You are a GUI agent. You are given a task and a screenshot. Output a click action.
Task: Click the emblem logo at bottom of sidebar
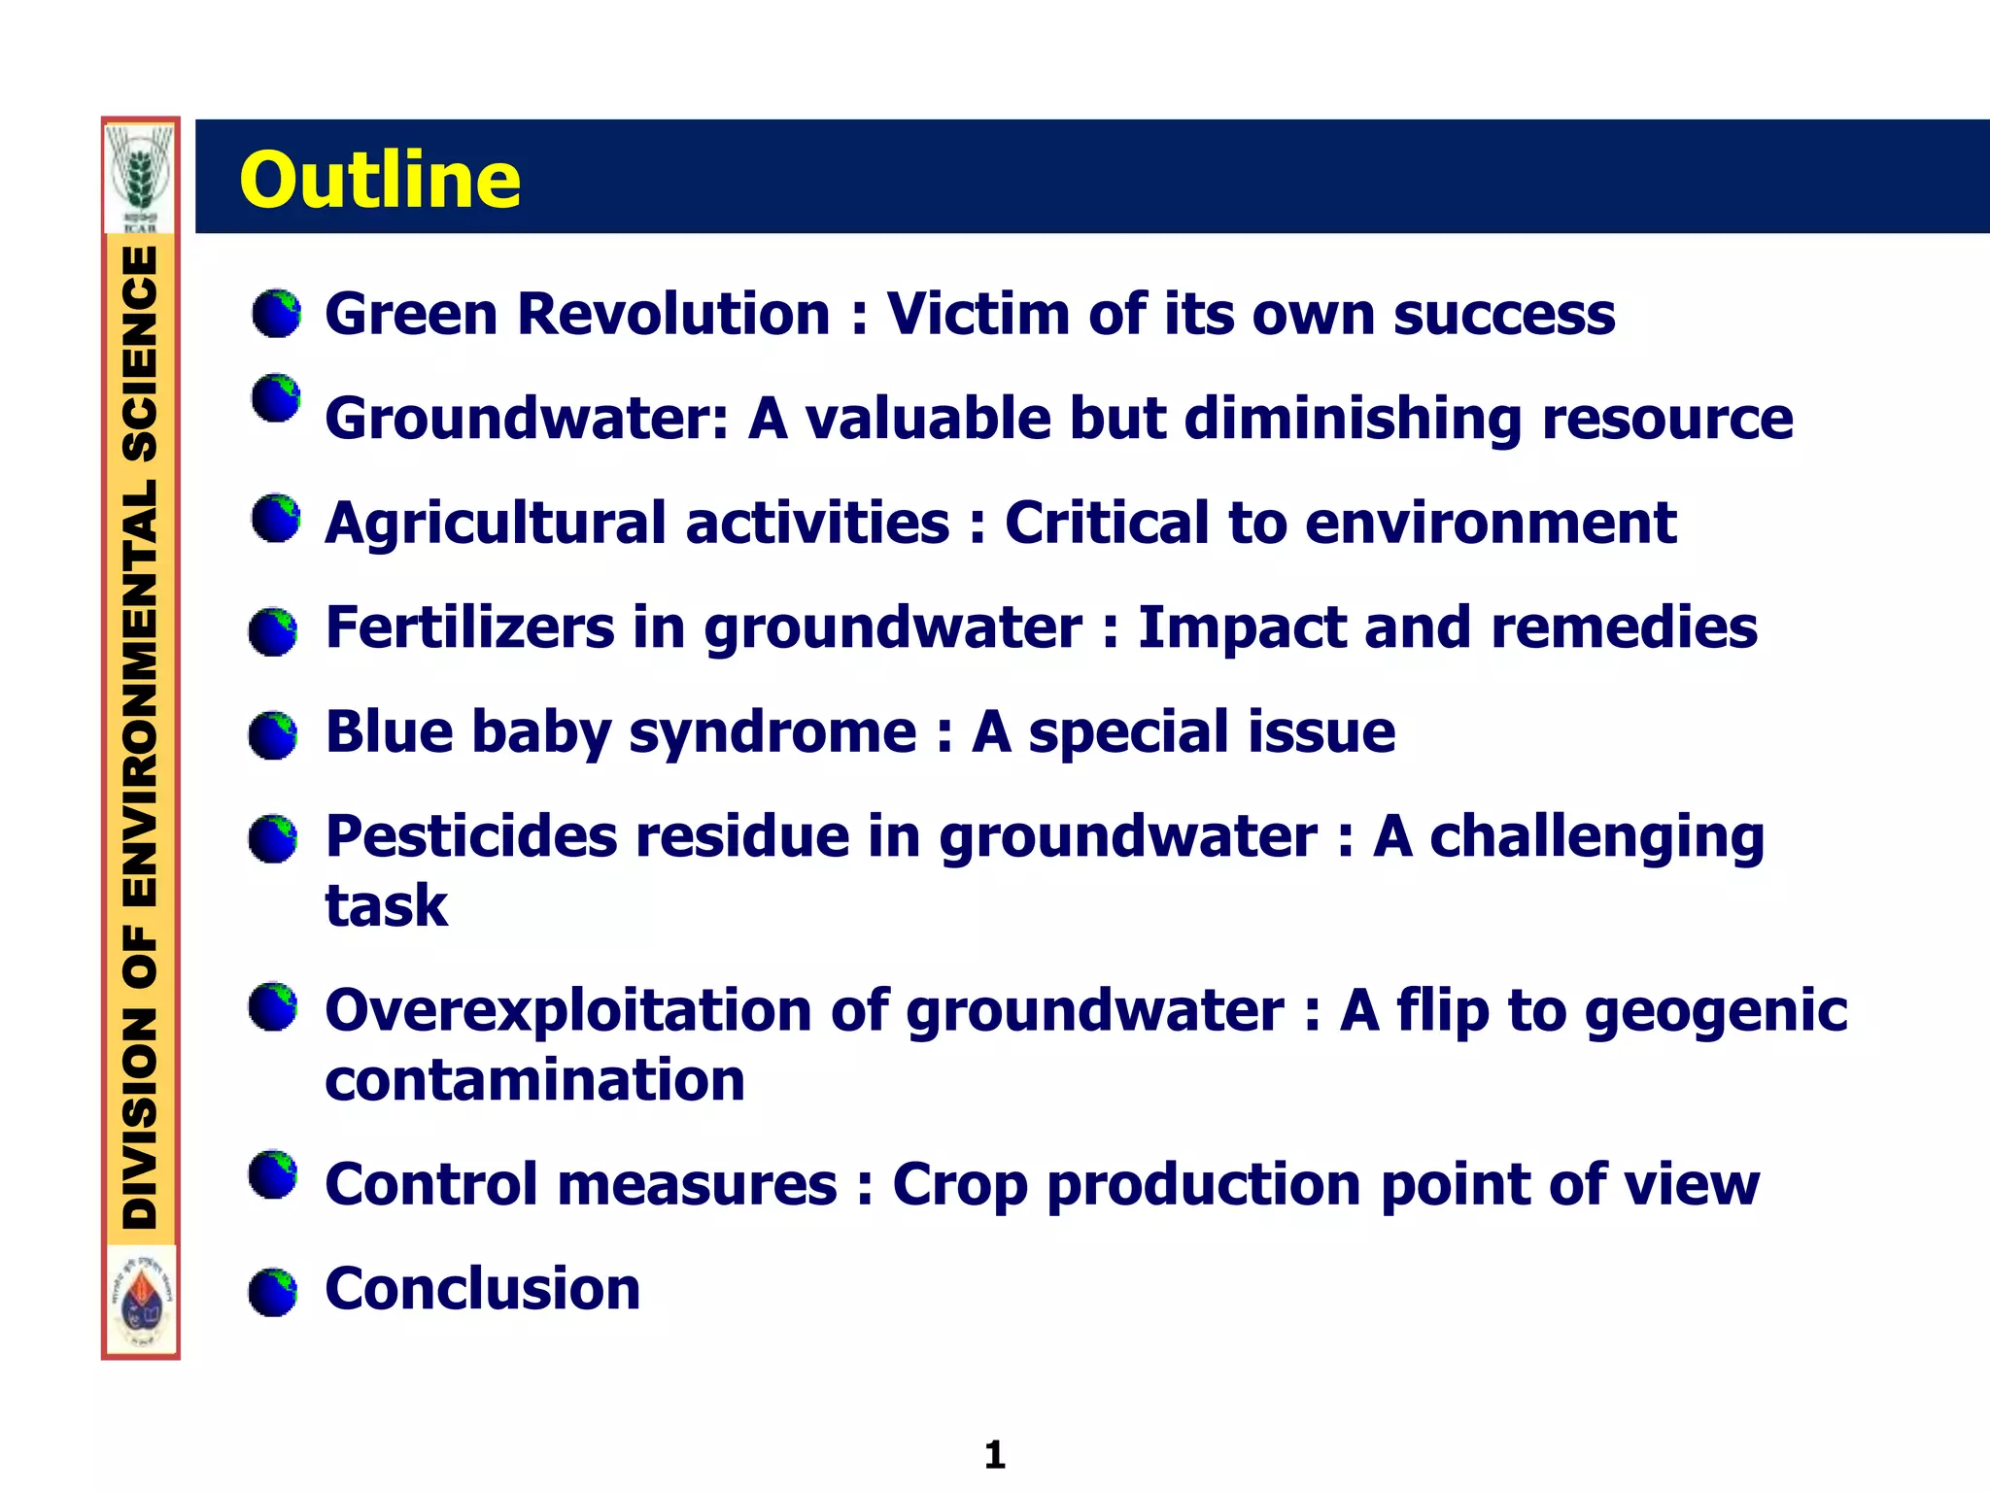[142, 1300]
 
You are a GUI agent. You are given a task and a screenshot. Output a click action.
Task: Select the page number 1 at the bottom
[994, 1454]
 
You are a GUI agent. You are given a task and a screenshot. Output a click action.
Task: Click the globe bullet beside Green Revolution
[276, 313]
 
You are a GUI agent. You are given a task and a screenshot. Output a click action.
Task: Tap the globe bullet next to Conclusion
[273, 1291]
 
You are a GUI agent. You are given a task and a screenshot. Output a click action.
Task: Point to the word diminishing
[1353, 420]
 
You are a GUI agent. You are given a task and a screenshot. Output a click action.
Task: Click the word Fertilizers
[470, 627]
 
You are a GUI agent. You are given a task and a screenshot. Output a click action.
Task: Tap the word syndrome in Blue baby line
[772, 733]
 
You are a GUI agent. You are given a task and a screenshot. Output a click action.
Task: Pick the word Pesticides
[471, 836]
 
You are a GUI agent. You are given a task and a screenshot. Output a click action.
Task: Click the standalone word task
[386, 906]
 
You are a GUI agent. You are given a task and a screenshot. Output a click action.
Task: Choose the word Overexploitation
[567, 1011]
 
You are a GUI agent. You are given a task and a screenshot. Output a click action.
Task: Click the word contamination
[534, 1080]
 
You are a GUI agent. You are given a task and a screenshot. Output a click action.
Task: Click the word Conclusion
[482, 1289]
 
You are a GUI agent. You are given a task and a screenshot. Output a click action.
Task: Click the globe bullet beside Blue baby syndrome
[273, 734]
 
